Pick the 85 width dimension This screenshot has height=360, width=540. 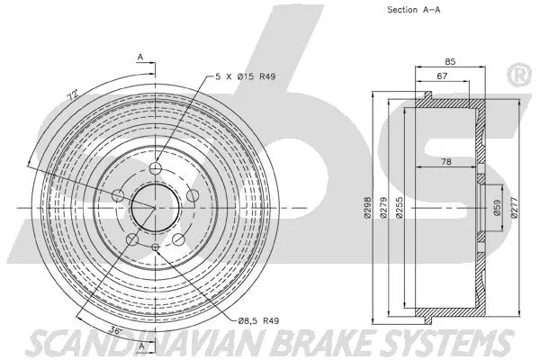tap(451, 62)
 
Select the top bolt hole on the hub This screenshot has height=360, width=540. tap(155, 169)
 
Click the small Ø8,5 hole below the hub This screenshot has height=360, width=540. tap(155, 247)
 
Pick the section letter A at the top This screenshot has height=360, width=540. tap(141, 58)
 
